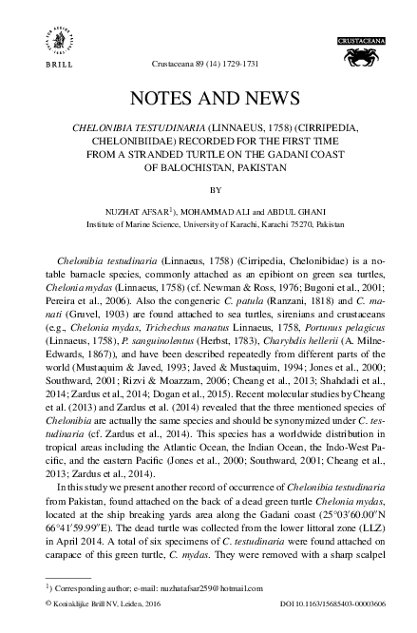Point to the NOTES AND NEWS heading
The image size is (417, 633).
[x=208, y=98]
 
